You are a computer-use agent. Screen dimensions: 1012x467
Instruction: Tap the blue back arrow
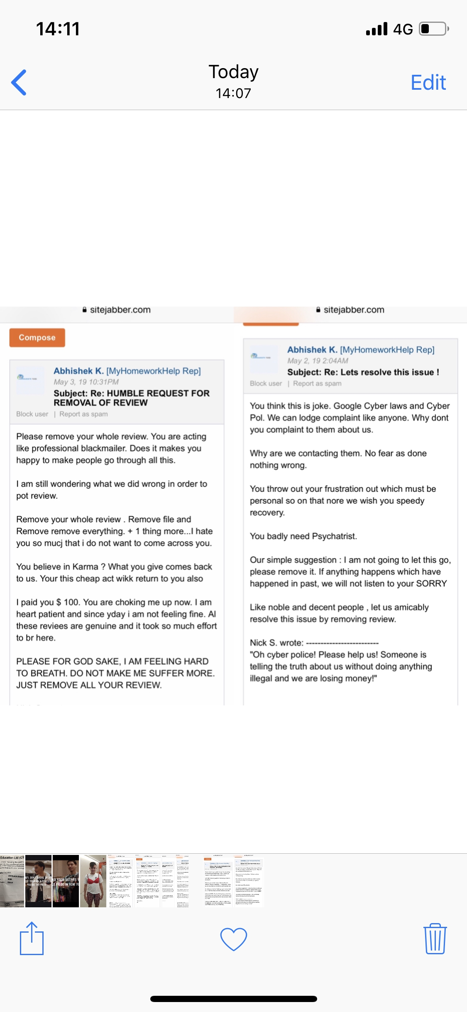click(x=19, y=82)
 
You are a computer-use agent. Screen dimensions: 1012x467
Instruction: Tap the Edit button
click(x=428, y=82)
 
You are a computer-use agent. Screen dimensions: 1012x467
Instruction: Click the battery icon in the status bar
click(x=433, y=29)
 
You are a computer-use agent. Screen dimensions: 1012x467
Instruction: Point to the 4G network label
click(x=403, y=29)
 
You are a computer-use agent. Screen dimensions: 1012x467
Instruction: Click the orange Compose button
click(x=37, y=337)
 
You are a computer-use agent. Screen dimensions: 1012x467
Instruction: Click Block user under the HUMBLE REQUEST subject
click(x=32, y=414)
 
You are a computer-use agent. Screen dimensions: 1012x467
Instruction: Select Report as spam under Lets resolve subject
click(x=317, y=383)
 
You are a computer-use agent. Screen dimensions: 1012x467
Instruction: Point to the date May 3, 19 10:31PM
click(x=86, y=382)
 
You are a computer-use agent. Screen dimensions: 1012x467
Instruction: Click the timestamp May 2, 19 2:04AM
click(x=318, y=361)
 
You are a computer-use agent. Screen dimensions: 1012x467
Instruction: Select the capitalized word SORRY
click(x=431, y=583)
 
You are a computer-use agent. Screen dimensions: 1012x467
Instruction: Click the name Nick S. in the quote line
click(x=263, y=643)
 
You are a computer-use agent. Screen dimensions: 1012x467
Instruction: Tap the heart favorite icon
click(x=233, y=939)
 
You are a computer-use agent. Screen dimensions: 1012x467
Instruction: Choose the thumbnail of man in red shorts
click(x=93, y=881)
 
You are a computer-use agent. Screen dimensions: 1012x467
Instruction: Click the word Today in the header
click(x=233, y=72)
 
